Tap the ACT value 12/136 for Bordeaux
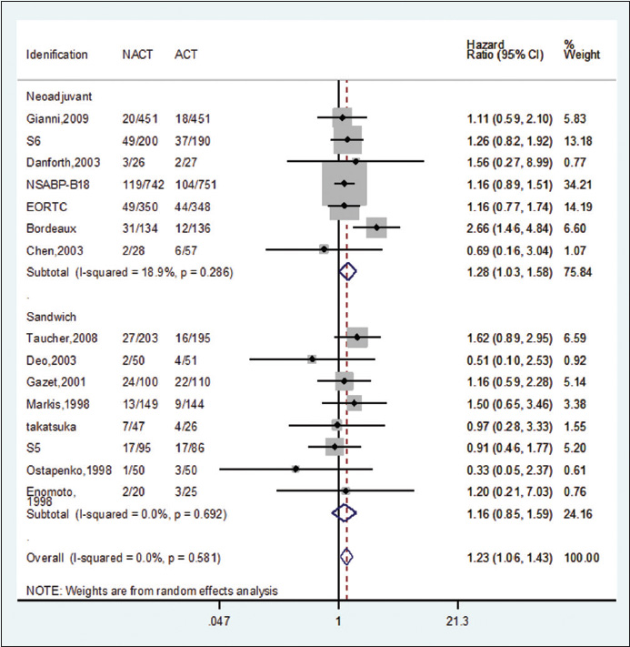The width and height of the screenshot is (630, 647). (192, 227)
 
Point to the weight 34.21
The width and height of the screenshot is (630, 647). (578, 184)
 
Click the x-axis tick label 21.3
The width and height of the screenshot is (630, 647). (458, 622)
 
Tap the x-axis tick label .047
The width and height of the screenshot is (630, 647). (220, 622)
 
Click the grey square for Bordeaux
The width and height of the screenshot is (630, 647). (375, 227)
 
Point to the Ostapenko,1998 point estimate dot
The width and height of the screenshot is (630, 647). (295, 470)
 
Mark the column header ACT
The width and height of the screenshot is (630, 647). (186, 55)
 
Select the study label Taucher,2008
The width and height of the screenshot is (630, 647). (57, 338)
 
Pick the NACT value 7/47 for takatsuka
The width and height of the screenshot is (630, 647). (135, 425)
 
